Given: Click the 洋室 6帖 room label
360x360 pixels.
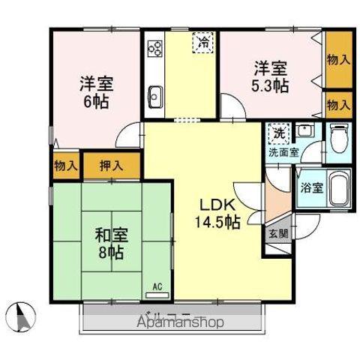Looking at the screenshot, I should tap(94, 91).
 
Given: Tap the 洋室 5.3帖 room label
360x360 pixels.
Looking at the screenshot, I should tap(269, 76).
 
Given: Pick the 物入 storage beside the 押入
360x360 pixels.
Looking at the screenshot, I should tap(65, 164).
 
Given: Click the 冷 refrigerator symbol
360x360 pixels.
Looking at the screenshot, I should tap(203, 43).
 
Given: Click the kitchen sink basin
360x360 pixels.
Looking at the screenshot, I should tap(156, 97).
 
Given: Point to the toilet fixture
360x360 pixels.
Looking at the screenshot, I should tap(338, 139).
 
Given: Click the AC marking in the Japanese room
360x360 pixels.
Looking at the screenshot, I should tap(157, 286).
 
